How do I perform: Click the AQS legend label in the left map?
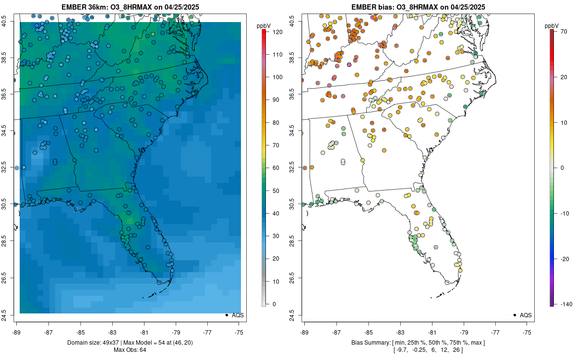pyautogui.click(x=238, y=315)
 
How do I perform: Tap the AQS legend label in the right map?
pyautogui.click(x=526, y=315)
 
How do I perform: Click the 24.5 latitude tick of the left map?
pyautogui.click(x=10, y=315)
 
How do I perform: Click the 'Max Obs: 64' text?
pyautogui.click(x=130, y=349)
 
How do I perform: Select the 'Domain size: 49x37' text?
pyautogui.click(x=91, y=343)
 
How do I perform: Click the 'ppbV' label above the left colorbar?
pyautogui.click(x=264, y=25)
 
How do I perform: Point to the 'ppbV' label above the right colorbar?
pyautogui.click(x=552, y=25)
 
